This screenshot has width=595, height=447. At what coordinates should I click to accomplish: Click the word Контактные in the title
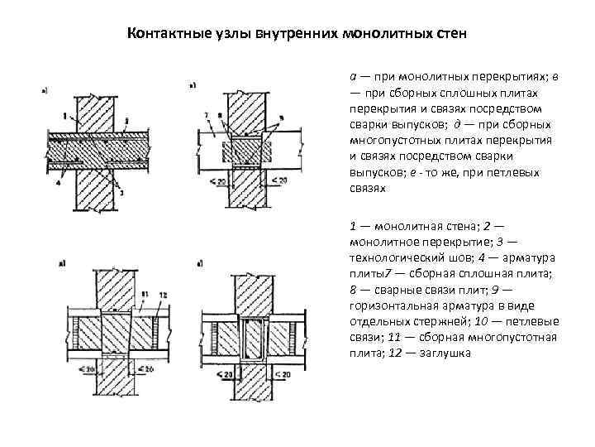click(x=161, y=35)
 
